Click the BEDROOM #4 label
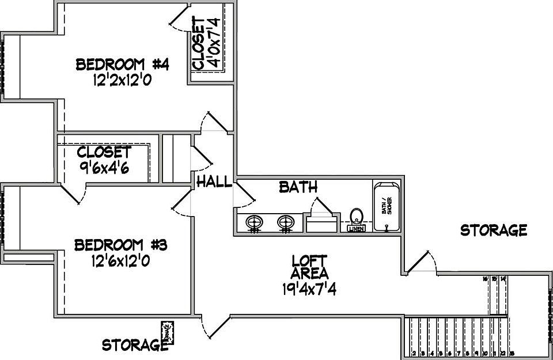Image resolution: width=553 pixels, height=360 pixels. pos(122,64)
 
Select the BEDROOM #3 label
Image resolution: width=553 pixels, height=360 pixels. pos(121,245)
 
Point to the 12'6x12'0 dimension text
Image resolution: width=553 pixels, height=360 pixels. pos(121,262)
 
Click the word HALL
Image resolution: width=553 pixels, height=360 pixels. pos(214,182)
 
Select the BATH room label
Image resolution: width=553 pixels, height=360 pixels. pos(298,187)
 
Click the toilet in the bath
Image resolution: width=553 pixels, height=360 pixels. pos(357,217)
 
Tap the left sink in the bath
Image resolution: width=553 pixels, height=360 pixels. pos(255,222)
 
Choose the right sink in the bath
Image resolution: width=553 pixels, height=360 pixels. pos(286,222)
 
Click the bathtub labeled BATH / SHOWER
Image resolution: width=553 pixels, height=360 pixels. pos(387,207)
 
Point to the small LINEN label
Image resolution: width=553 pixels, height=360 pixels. pos(356,229)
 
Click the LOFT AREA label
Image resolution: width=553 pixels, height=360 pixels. pos(309,266)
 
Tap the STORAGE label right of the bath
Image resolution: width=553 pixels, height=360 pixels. pos(494,230)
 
